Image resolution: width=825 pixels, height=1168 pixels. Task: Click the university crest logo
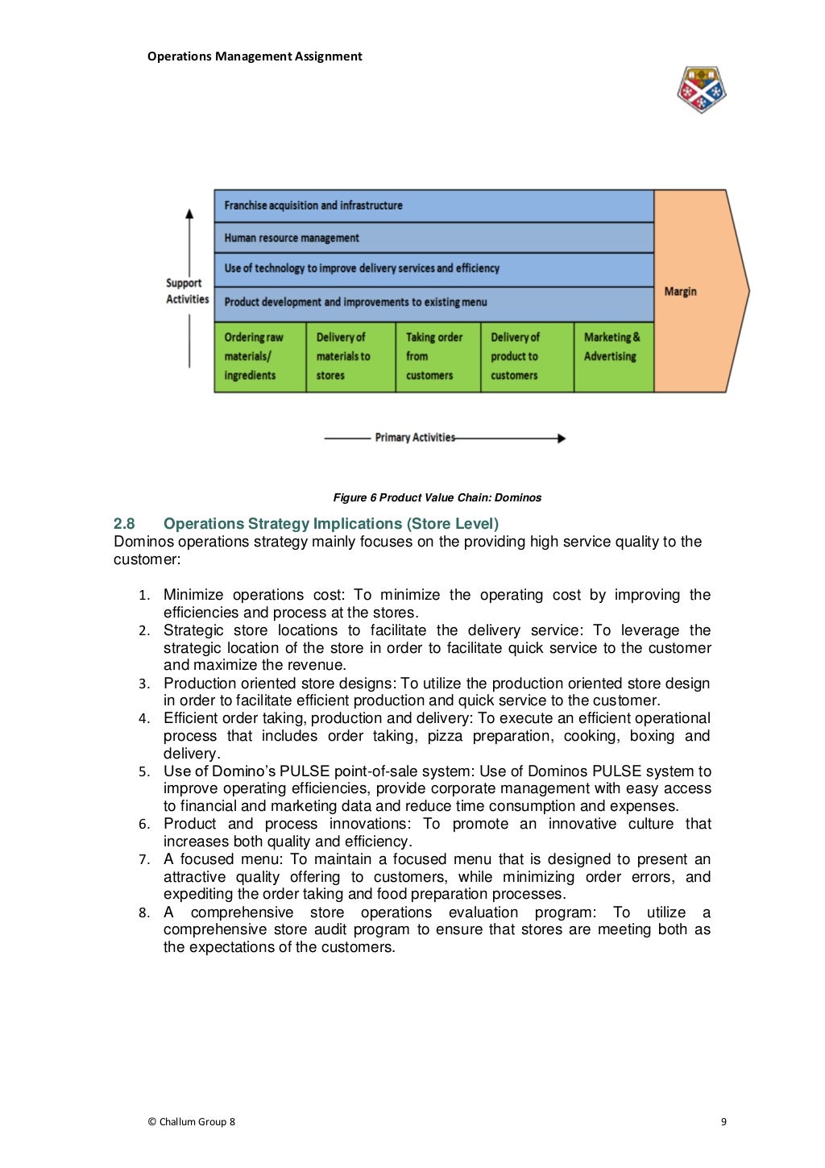pos(701,89)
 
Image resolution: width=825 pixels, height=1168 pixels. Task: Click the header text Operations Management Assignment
pos(255,56)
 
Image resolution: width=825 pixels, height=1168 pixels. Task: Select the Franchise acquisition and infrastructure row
pos(433,206)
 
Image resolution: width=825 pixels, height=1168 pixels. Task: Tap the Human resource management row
pos(433,238)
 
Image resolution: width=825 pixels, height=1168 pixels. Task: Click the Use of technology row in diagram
pos(433,269)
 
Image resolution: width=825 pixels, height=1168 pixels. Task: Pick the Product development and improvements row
pos(433,302)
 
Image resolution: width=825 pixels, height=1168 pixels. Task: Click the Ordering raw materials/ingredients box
pos(259,357)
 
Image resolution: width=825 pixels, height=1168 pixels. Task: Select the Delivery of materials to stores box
pos(350,357)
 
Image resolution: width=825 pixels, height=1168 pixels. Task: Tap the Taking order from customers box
pos(437,357)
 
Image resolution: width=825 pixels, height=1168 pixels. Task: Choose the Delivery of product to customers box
pos(526,357)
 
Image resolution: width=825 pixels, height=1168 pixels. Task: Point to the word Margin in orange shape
pos(681,292)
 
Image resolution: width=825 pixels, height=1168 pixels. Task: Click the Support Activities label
pos(187,291)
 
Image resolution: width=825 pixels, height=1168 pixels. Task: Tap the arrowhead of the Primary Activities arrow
pos(562,439)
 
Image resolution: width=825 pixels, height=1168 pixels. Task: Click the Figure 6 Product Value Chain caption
pos(437,498)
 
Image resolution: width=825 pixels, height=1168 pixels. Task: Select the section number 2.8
pos(124,524)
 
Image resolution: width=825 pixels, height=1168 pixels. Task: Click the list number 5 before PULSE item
pos(143,772)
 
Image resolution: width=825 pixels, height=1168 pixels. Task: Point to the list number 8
pos(143,913)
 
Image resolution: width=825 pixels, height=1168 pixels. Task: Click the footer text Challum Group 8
pos(192,1121)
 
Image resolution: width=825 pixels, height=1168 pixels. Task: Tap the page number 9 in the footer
pos(723,1121)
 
